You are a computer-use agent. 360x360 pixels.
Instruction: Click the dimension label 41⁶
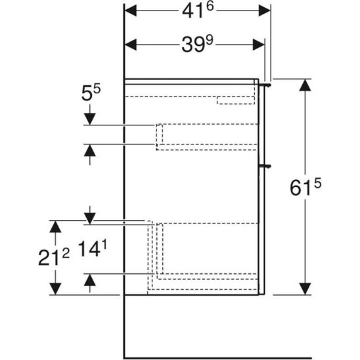pyautogui.click(x=198, y=11)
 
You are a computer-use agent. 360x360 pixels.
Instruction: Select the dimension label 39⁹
pyautogui.click(x=197, y=44)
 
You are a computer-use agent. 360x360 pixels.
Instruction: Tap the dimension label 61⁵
pyautogui.click(x=305, y=187)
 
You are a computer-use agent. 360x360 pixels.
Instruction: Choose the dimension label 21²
pyautogui.click(x=54, y=258)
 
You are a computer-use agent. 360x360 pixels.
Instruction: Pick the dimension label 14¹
pyautogui.click(x=92, y=249)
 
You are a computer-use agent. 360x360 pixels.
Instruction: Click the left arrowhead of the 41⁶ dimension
pyautogui.click(x=130, y=11)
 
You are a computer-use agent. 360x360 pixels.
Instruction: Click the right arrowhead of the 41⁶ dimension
pyautogui.click(x=265, y=11)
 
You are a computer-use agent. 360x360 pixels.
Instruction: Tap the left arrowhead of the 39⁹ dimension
pyautogui.click(x=130, y=44)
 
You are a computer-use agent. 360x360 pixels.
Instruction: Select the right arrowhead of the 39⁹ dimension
pyautogui.click(x=259, y=44)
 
